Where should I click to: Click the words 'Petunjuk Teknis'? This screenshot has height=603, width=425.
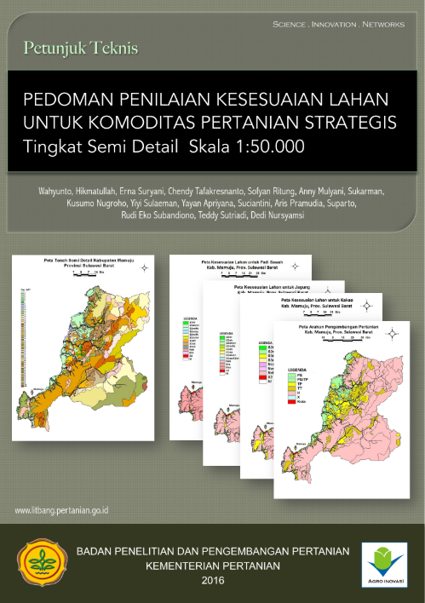point(81,48)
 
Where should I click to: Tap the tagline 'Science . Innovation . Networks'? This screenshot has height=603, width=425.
point(338,25)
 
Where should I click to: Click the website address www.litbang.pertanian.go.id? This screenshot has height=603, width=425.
point(67,511)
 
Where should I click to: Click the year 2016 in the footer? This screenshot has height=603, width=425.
point(212,580)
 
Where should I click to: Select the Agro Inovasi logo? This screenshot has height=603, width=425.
point(384,563)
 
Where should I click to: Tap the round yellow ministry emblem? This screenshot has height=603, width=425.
point(41,563)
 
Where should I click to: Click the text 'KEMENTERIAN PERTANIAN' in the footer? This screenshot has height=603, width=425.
point(212,566)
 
